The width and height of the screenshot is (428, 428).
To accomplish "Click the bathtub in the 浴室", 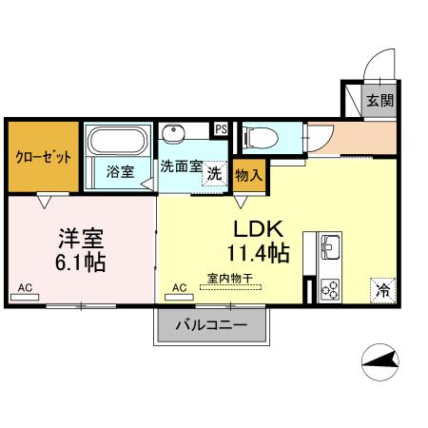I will [x=116, y=144].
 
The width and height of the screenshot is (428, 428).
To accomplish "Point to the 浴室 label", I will [x=120, y=172].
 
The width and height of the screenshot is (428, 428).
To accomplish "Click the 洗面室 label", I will [x=181, y=165].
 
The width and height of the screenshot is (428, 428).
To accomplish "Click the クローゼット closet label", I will [x=43, y=158].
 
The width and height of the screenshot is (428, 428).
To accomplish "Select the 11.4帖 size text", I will [x=259, y=253].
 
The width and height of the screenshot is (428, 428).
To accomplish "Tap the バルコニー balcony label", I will [x=211, y=325].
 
